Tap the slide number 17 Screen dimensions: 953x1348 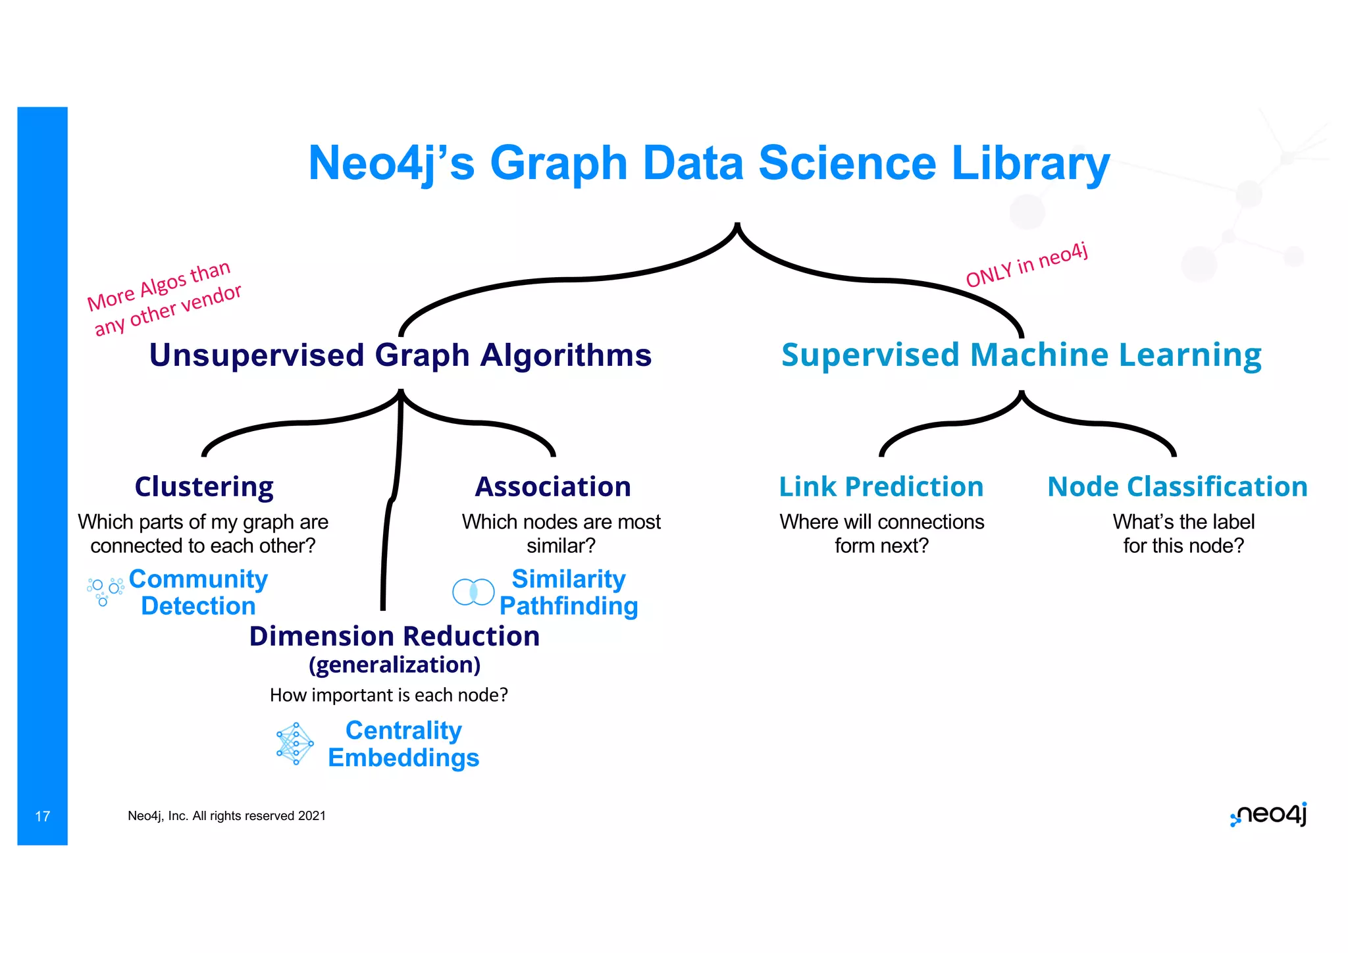(42, 817)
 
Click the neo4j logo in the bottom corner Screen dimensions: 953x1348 (1268, 815)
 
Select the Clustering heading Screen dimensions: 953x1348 (204, 487)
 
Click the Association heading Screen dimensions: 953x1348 (553, 487)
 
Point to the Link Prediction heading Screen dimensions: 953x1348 (881, 487)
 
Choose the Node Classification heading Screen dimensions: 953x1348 (1178, 487)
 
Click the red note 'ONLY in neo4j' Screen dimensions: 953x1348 (1027, 265)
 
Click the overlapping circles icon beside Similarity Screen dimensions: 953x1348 (473, 592)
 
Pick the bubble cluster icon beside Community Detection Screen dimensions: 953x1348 (105, 591)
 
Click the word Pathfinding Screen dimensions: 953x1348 (569, 606)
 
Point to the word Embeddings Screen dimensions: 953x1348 (403, 758)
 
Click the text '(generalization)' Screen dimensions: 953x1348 (394, 665)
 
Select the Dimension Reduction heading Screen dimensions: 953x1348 (394, 636)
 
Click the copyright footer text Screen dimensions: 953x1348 (226, 816)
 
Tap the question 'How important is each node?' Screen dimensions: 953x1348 (388, 695)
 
